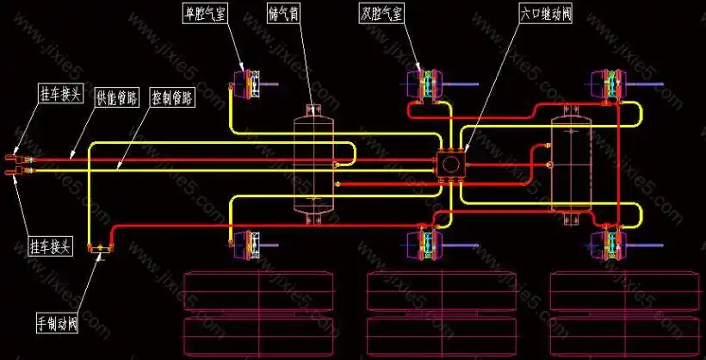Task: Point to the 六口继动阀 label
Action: tap(551, 13)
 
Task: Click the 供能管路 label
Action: tap(116, 96)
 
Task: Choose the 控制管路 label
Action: tap(170, 96)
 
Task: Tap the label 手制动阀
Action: tap(58, 324)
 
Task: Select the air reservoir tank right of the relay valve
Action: tap(569, 163)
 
